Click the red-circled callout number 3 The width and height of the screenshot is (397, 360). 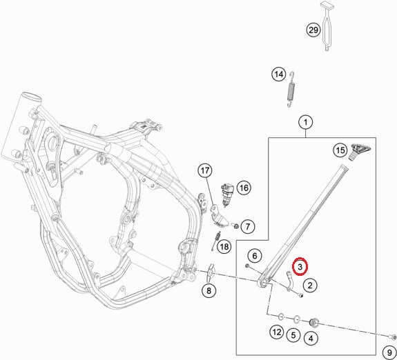[300, 267]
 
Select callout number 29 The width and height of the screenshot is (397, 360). [313, 30]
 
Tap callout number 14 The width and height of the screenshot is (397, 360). [279, 74]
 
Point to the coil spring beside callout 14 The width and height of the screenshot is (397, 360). [291, 89]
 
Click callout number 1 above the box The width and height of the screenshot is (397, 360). [306, 123]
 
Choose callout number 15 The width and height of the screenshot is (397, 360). [340, 150]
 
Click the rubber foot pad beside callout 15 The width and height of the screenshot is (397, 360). [360, 151]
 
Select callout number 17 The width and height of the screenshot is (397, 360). [205, 171]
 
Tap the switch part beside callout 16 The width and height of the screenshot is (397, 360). [227, 194]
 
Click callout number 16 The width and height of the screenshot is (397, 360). [244, 188]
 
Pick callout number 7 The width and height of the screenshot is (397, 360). [247, 226]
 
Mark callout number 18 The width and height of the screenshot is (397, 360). [224, 246]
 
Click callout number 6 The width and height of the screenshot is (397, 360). [255, 256]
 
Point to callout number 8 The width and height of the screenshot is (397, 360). [209, 290]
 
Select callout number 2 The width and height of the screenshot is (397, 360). [310, 286]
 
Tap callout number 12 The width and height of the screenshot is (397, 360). [276, 332]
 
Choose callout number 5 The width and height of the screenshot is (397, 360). [293, 335]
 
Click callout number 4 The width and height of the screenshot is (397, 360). [311, 338]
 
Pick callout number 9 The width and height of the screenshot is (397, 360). [389, 352]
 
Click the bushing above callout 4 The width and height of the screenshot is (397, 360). [314, 322]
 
